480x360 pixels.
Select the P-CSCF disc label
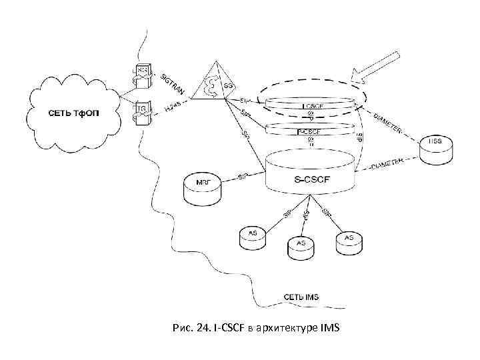(x=309, y=132)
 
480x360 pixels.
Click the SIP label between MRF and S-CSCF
(x=244, y=177)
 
